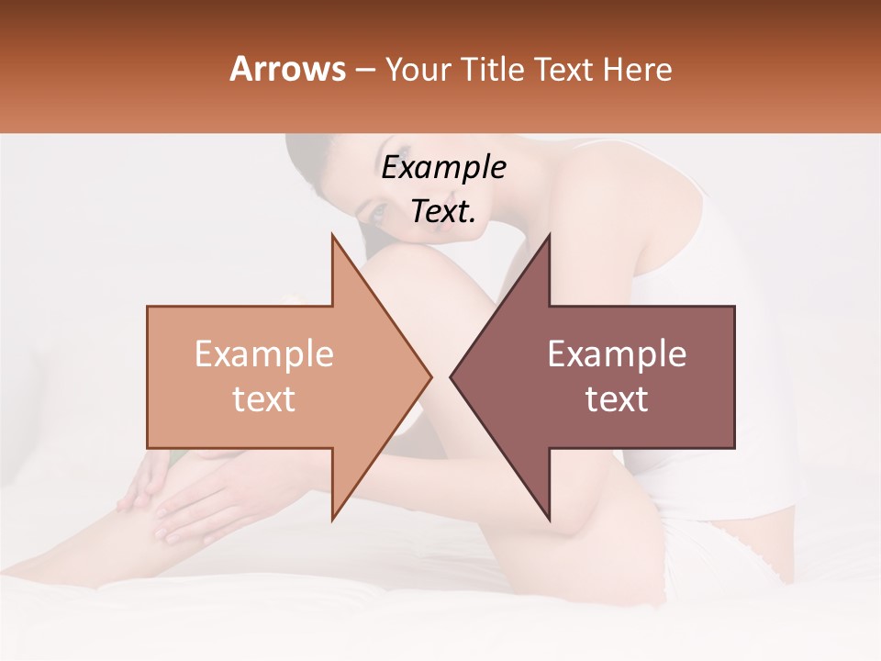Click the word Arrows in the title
pyautogui.click(x=287, y=69)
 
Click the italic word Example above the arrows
pyautogui.click(x=443, y=168)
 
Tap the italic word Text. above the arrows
pyautogui.click(x=443, y=212)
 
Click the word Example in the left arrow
pyautogui.click(x=264, y=354)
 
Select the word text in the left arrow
pyautogui.click(x=264, y=399)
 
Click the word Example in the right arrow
pyautogui.click(x=617, y=354)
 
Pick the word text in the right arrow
pyautogui.click(x=617, y=399)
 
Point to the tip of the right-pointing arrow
pyautogui.click(x=429, y=376)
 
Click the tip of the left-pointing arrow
pyautogui.click(x=452, y=376)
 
